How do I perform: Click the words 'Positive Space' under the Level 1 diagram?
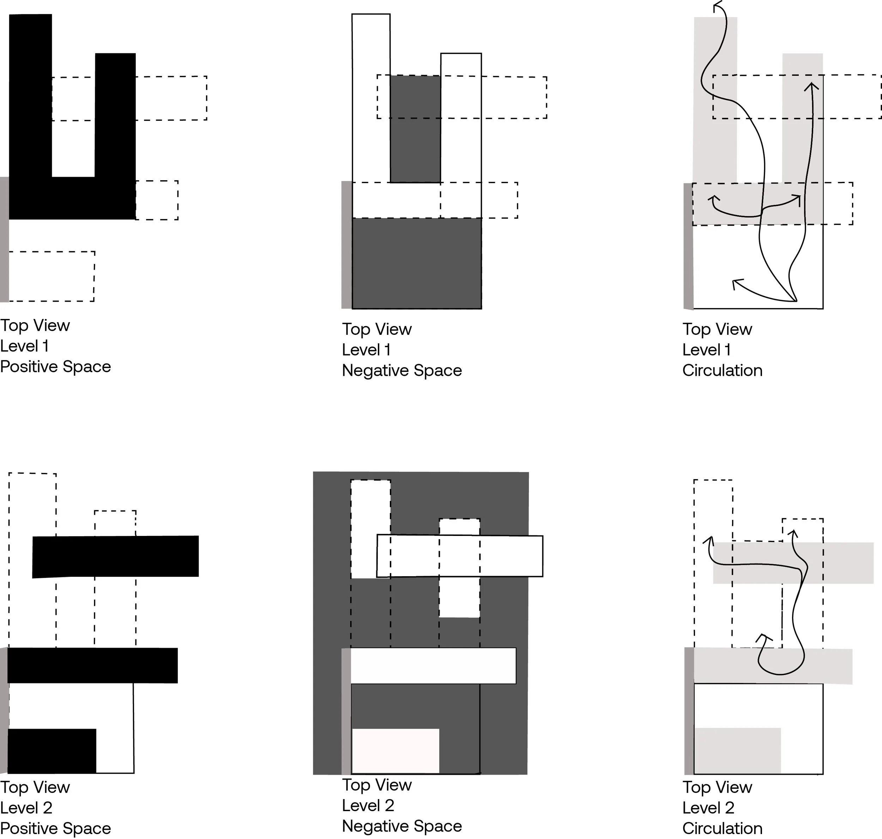tap(55, 367)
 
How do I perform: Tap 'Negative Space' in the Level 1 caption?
tap(401, 370)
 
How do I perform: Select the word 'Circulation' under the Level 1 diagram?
tap(722, 370)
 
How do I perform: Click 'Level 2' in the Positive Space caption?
tap(26, 808)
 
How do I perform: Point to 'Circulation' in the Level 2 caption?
tap(722, 828)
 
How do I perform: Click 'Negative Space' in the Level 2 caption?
tap(401, 826)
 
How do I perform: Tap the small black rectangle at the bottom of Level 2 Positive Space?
tap(52, 752)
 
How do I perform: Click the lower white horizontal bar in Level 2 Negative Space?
tap(433, 665)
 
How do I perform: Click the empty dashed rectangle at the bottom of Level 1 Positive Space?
tap(52, 276)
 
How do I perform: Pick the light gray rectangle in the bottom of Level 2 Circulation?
tap(737, 751)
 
